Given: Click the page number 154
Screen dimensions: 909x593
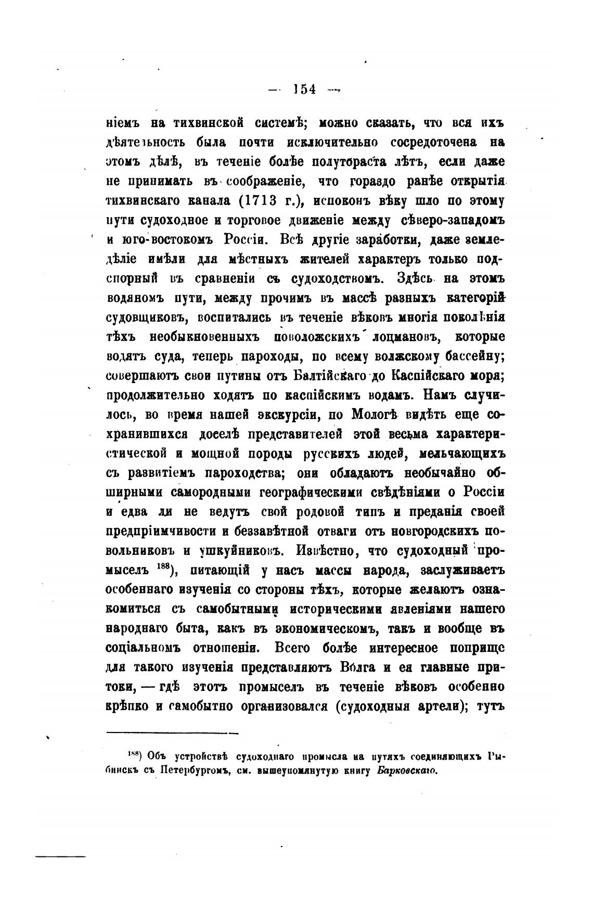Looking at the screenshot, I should [x=304, y=89].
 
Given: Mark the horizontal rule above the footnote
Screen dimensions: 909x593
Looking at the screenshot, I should [x=172, y=734].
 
